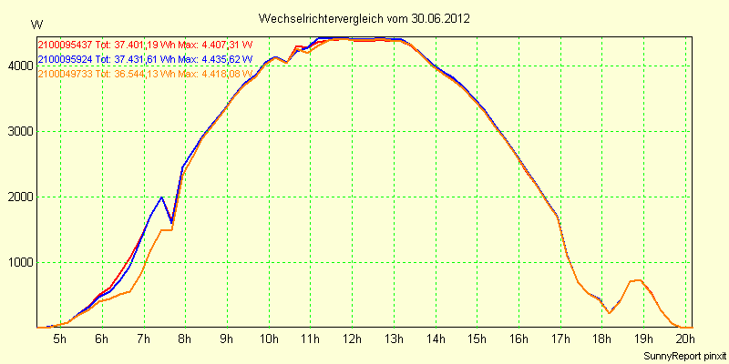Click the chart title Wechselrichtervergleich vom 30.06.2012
[x=364, y=18]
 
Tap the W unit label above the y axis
[x=36, y=24]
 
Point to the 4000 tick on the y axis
[x=20, y=66]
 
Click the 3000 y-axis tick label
[x=20, y=131]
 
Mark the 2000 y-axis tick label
[x=20, y=197]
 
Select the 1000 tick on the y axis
[x=20, y=262]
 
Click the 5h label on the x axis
[x=60, y=339]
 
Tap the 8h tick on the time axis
[x=185, y=339]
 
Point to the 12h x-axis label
[x=351, y=339]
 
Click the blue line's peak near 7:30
[x=161, y=197]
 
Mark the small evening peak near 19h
[x=640, y=279]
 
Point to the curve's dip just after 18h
[x=610, y=313]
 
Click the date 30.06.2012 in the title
[x=440, y=18]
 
